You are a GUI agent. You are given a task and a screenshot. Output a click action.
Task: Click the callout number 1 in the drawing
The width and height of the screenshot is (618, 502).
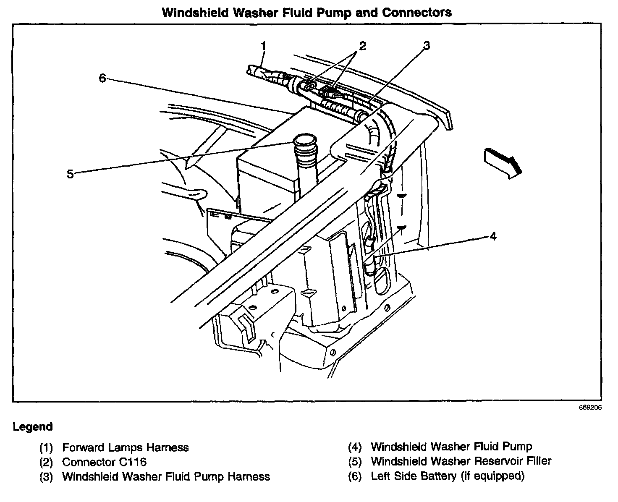coord(264,45)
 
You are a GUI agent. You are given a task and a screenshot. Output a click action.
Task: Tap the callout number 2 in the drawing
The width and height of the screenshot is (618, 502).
coord(362,45)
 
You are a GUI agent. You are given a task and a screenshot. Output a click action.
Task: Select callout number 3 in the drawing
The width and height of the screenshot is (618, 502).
coord(427,45)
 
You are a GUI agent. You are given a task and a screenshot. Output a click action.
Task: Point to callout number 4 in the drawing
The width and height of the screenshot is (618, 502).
coord(493,237)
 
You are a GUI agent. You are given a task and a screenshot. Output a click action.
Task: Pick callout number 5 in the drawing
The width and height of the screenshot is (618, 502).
coord(70,174)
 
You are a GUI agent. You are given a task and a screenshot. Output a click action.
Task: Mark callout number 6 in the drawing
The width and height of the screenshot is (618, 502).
coord(102,78)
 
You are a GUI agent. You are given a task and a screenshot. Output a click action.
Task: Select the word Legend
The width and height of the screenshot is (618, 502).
coord(33,427)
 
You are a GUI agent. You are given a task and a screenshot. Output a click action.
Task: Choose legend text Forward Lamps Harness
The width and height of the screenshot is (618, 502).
coord(126,447)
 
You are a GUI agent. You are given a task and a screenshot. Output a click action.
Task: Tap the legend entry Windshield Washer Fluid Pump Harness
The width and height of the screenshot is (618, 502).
coord(166,476)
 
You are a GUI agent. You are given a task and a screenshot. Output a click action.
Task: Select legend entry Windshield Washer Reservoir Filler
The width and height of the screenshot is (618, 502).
coord(461,461)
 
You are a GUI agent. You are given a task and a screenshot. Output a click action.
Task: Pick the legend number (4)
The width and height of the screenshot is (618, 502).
coord(355,447)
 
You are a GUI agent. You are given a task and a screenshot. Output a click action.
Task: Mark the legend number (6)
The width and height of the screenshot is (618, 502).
coord(355,476)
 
